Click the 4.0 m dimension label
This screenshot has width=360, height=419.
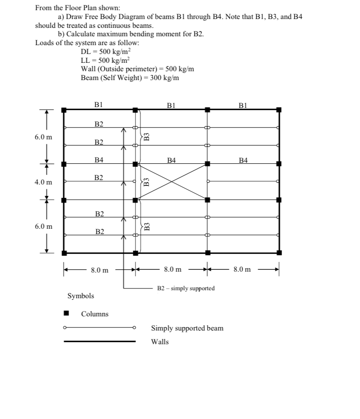click(x=43, y=182)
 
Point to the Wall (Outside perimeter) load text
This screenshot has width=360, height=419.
click(x=137, y=69)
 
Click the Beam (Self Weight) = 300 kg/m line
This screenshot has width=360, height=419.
click(x=130, y=78)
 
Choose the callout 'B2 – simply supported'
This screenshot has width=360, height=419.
click(x=186, y=288)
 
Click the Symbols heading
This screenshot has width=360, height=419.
click(x=81, y=296)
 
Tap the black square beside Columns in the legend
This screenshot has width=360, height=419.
click(x=66, y=314)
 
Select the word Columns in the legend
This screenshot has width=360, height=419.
click(x=94, y=314)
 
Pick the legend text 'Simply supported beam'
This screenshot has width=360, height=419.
click(x=187, y=328)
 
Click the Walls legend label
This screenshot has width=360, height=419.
click(x=160, y=342)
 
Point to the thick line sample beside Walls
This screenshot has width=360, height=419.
click(x=100, y=341)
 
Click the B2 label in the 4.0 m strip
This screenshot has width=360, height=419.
click(x=99, y=178)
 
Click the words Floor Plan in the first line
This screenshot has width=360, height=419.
click(x=82, y=8)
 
